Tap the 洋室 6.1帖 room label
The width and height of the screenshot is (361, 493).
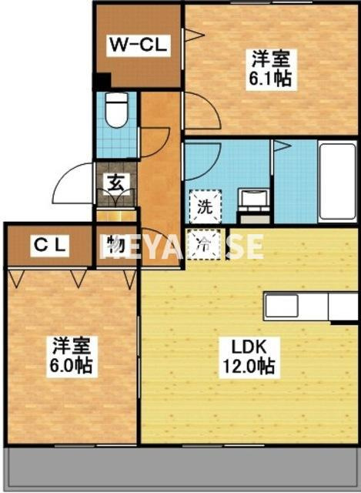pyautogui.click(x=269, y=68)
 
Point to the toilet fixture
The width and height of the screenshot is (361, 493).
pyautogui.click(x=117, y=109)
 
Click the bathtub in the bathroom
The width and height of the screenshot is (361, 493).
pyautogui.click(x=338, y=181)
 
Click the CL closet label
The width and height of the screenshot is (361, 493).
pyautogui.click(x=50, y=246)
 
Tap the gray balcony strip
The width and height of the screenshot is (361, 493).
pyautogui.click(x=180, y=468)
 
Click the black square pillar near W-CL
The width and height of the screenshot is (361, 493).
pyautogui.click(x=102, y=81)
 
